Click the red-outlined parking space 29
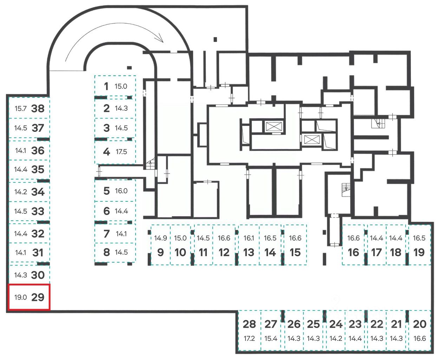(29, 297)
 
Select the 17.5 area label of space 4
(121, 152)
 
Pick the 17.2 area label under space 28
(249, 339)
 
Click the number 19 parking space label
(419, 252)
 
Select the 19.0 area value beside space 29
(20, 297)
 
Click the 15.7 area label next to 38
(20, 108)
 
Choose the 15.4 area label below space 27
(271, 339)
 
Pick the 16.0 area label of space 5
(121, 191)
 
